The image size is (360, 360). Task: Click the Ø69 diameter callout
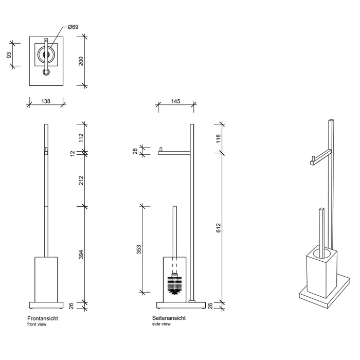(73, 27)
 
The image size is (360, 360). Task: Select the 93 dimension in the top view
(9, 55)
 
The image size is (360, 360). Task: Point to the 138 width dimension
(45, 102)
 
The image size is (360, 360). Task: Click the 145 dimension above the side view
(175, 102)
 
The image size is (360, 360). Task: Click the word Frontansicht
(42, 318)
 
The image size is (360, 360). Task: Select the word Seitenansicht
(169, 318)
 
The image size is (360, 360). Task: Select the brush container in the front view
(45, 277)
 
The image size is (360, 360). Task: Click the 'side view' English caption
(161, 325)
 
